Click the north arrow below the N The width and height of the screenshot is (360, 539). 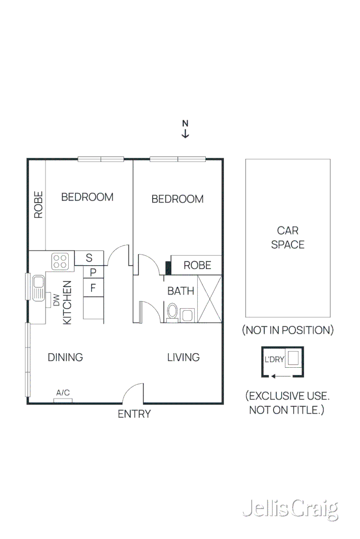186,133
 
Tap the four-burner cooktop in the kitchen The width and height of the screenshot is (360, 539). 60,261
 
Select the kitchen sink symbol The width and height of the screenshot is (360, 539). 38,288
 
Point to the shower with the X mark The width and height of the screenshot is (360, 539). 209,299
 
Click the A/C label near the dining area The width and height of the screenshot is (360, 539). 63,393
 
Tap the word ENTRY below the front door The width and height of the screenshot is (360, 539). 134,414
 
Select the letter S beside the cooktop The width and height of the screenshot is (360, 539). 89,258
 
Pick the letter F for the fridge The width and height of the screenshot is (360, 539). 93,288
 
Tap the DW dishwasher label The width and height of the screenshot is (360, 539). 57,301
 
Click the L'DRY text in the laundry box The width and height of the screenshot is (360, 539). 275,360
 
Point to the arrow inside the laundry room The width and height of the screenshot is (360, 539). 276,376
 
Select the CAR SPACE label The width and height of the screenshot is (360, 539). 288,237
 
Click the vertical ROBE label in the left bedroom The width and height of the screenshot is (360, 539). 38,205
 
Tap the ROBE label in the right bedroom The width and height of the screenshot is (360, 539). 197,265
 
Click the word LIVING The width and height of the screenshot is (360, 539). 184,358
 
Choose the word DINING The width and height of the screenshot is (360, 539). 65,358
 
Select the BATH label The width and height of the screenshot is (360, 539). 181,291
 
